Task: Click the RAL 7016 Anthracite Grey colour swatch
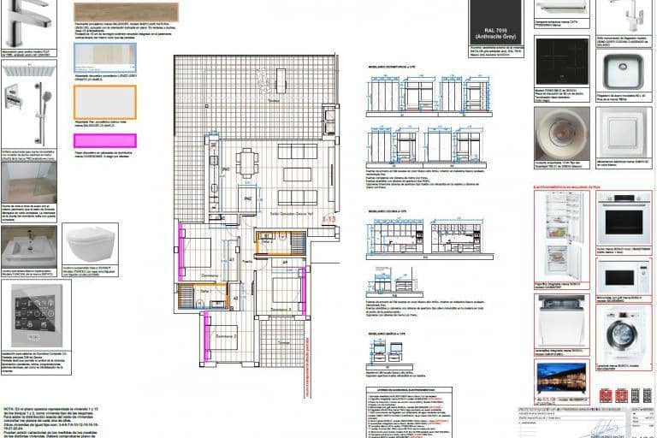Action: tap(495, 21)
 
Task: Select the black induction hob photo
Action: tap(562, 62)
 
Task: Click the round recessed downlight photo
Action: tap(562, 132)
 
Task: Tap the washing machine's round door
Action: tap(622, 336)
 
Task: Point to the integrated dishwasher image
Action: tap(562, 321)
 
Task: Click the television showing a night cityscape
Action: tap(561, 376)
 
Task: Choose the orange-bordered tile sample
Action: tap(104, 101)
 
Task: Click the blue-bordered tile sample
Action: tap(104, 56)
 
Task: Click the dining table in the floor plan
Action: tap(248, 162)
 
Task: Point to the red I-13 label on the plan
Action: tap(328, 220)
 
